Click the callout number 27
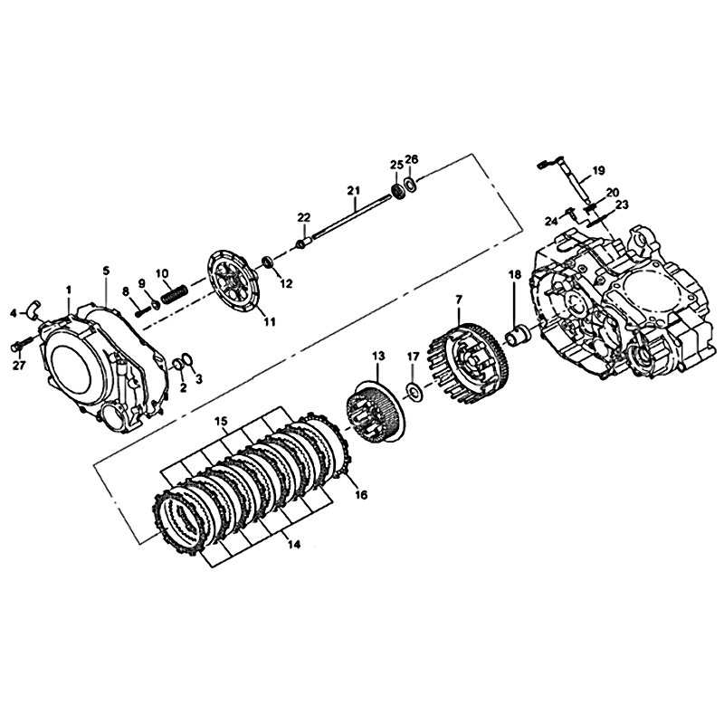pos(19,366)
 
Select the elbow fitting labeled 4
pos(33,308)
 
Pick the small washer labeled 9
pos(156,305)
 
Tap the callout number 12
pos(287,283)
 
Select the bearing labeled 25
pos(396,191)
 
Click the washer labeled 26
pos(410,185)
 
